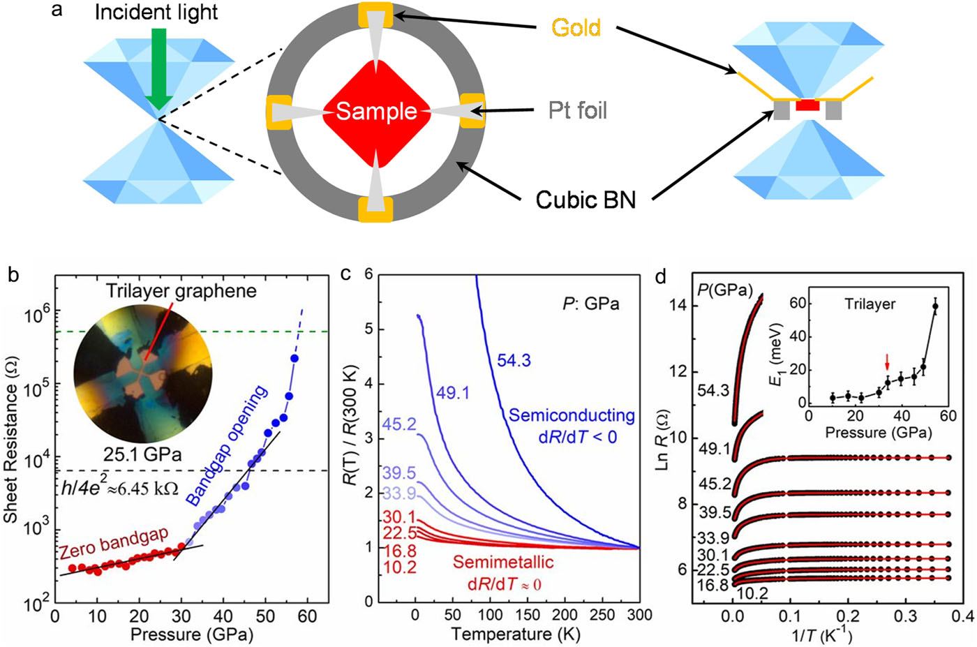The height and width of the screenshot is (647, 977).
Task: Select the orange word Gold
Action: [576, 28]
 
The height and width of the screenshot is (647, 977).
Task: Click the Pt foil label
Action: [577, 110]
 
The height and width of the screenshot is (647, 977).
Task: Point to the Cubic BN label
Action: [586, 200]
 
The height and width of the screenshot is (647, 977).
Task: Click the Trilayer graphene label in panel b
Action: [181, 291]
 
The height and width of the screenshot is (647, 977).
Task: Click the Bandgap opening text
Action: [227, 446]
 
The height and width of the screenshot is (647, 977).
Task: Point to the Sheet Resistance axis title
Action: [11, 447]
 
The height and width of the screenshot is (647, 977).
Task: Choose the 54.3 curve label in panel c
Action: [514, 360]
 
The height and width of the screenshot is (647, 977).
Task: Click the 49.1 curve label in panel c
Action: [453, 393]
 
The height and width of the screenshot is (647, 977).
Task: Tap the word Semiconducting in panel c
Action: [572, 416]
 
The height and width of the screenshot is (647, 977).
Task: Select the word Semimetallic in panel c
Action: [503, 563]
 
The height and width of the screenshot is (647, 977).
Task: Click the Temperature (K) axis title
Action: [516, 634]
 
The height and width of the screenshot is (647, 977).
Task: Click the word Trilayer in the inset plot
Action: [870, 304]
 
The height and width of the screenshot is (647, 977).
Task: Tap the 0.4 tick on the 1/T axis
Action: [962, 616]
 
